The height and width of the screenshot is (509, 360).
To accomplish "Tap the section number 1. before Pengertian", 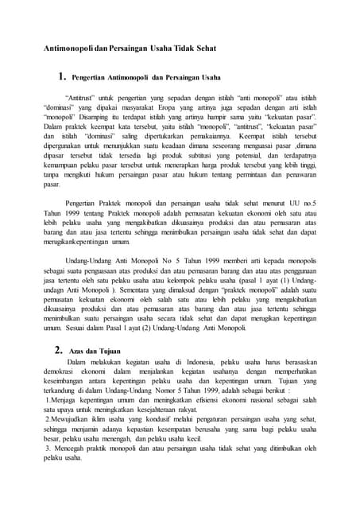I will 57,78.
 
